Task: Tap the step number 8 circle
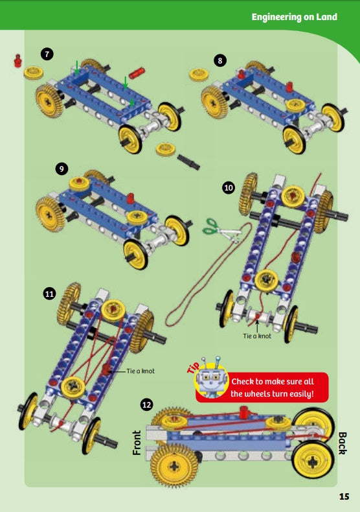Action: click(220, 60)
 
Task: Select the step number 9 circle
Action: click(62, 169)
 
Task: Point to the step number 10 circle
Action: click(228, 187)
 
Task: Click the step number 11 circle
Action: click(49, 294)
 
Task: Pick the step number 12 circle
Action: click(147, 405)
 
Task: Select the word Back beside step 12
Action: click(342, 443)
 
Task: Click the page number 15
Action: click(343, 497)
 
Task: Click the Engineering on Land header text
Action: click(294, 17)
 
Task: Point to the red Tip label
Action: click(194, 366)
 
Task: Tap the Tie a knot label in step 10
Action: click(257, 336)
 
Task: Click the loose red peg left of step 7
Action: click(17, 62)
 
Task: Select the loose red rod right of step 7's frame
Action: click(137, 71)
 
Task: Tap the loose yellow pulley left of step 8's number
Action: click(198, 74)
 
